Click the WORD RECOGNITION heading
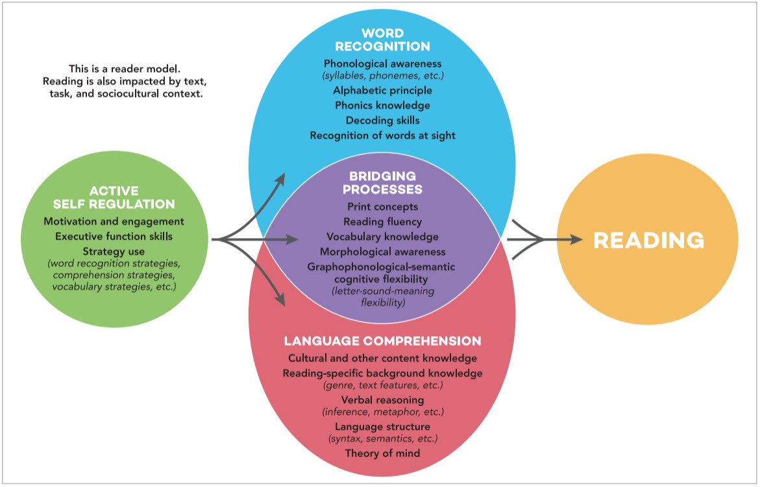pyautogui.click(x=382, y=40)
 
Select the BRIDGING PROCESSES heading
pyautogui.click(x=382, y=183)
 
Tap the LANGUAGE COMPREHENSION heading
pyautogui.click(x=382, y=340)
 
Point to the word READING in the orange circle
pyautogui.click(x=648, y=240)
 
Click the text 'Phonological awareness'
pyautogui.click(x=382, y=64)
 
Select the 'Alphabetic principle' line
pyautogui.click(x=382, y=90)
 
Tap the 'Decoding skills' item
pyautogui.click(x=382, y=120)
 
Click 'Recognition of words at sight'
pyautogui.click(x=382, y=135)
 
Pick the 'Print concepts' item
pyautogui.click(x=382, y=207)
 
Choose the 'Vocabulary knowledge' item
pyautogui.click(x=382, y=237)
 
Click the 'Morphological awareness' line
pyautogui.click(x=382, y=252)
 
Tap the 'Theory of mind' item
pyautogui.click(x=382, y=453)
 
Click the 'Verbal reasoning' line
pyautogui.click(x=382, y=399)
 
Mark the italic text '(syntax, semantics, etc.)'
pyautogui.click(x=382, y=438)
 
